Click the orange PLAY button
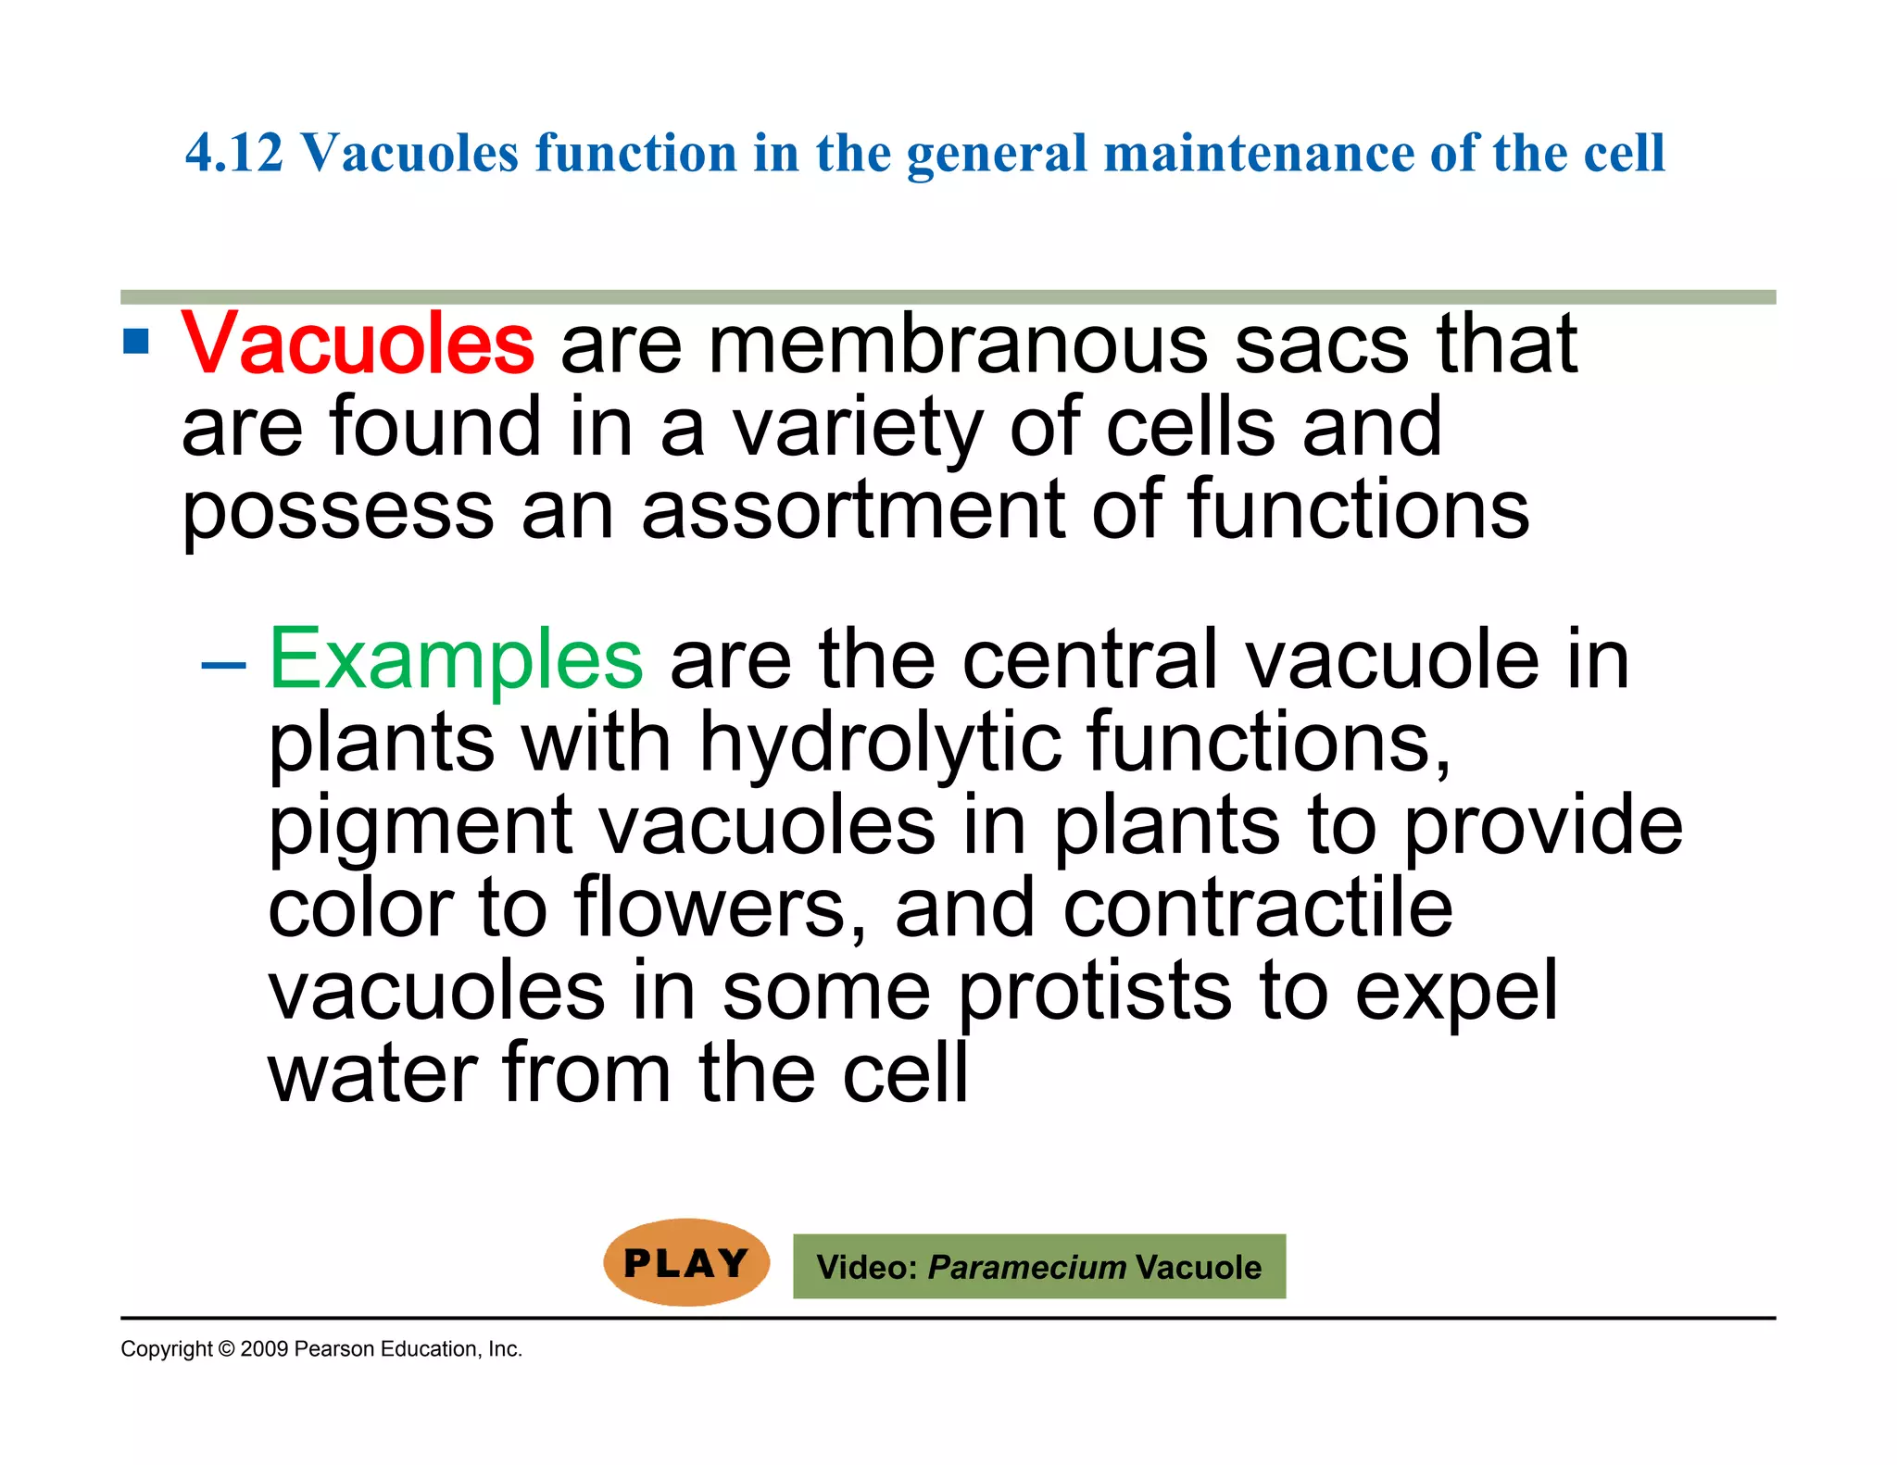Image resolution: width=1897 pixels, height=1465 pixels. [x=686, y=1263]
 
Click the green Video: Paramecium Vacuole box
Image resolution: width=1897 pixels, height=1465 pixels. [x=1038, y=1266]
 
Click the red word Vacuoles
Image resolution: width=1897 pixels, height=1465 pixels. [x=358, y=344]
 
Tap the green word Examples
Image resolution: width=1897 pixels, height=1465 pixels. [x=456, y=659]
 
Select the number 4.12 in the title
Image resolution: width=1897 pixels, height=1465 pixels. [x=234, y=153]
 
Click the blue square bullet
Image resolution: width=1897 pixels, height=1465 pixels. [x=136, y=342]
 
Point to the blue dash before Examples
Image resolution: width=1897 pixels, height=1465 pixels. [x=223, y=664]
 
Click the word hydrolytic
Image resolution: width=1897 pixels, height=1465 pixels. [x=879, y=742]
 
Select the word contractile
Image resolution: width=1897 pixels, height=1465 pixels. [x=1257, y=908]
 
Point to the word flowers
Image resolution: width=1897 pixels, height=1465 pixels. [x=720, y=908]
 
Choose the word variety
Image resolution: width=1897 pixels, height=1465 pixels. [x=857, y=428]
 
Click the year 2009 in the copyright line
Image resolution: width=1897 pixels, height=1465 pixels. [x=264, y=1349]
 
